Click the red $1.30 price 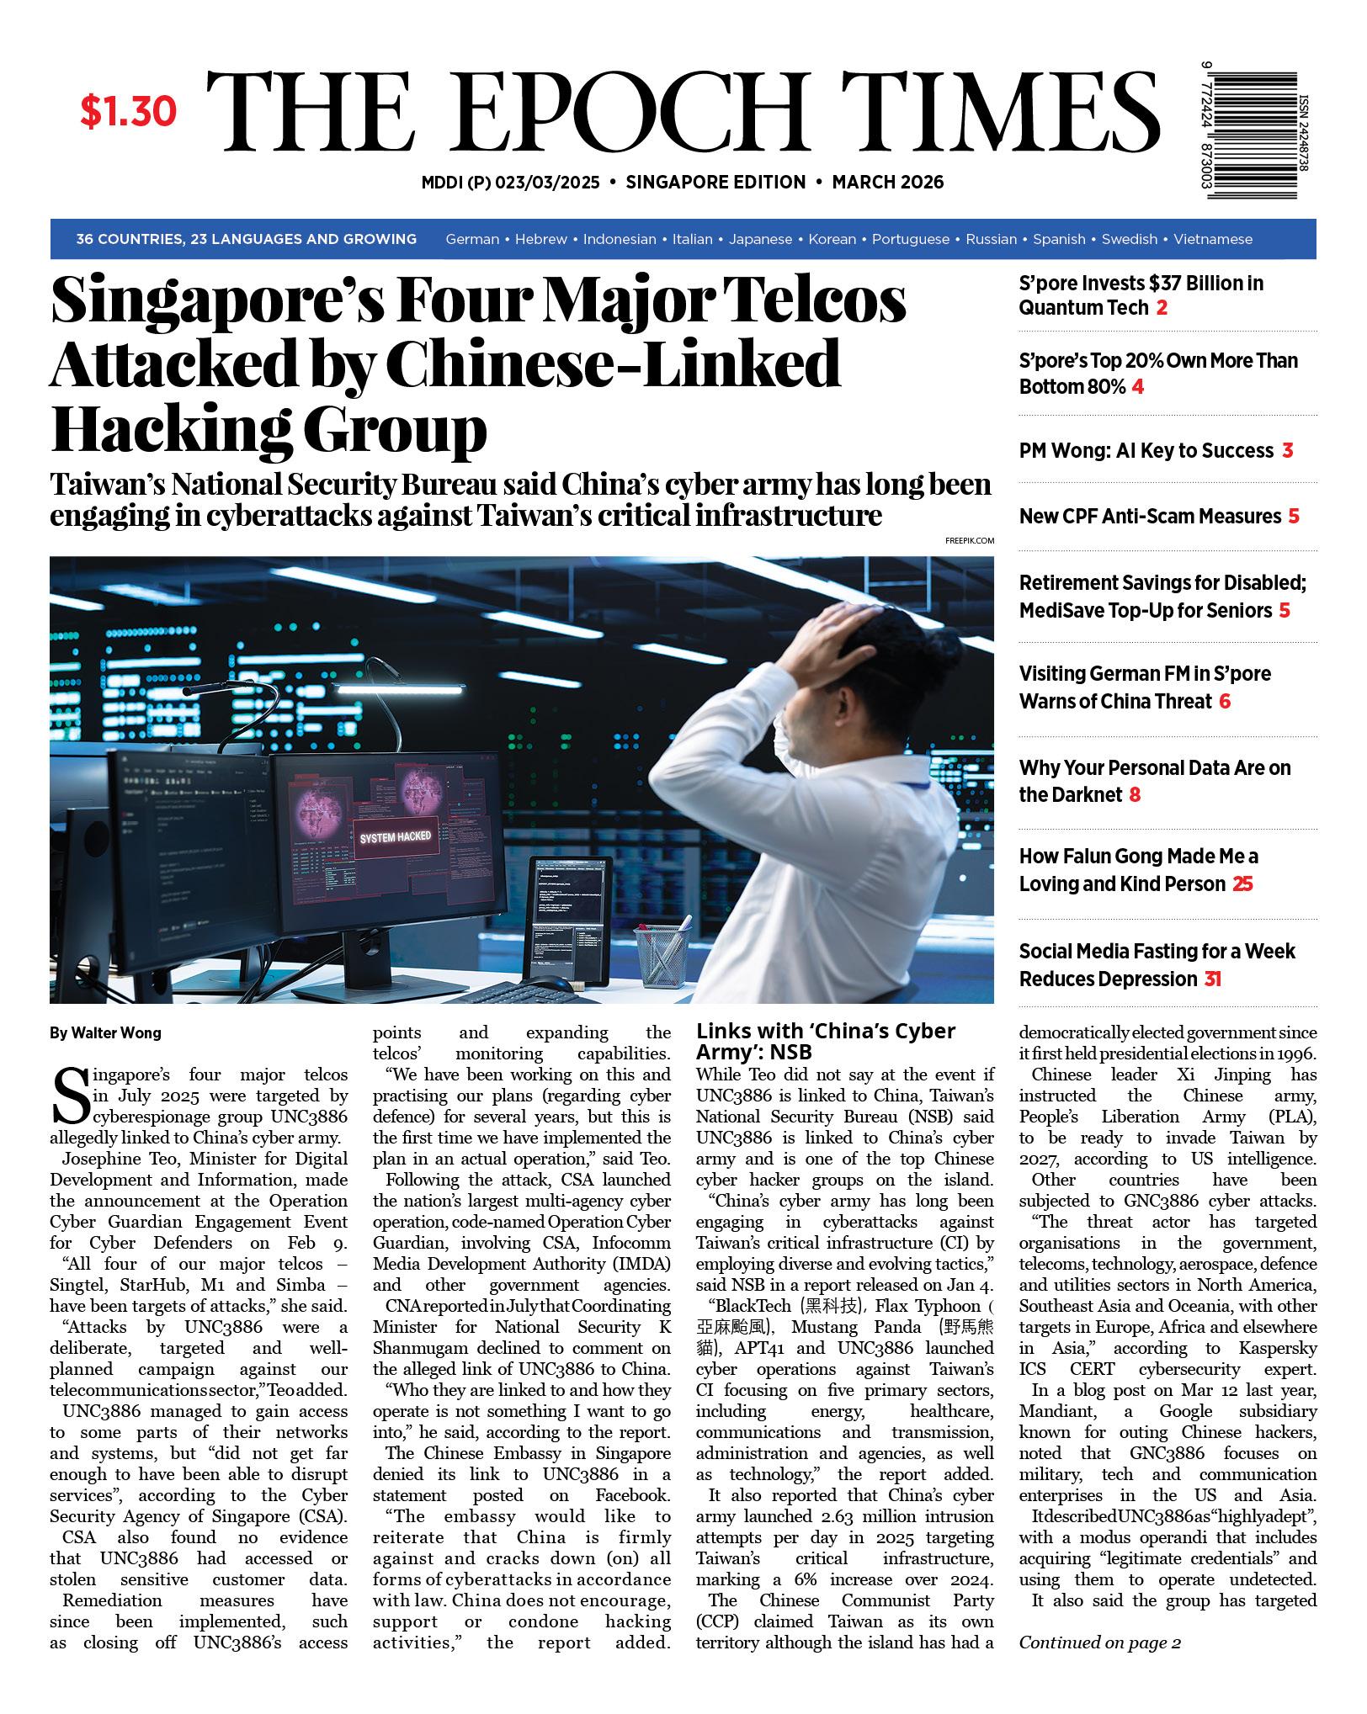point(128,111)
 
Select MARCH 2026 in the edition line point(887,183)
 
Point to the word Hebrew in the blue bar point(540,240)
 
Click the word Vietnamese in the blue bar point(1212,240)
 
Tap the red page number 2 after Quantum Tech point(1162,308)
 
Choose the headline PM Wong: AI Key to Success point(1146,451)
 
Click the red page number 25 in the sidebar point(1242,884)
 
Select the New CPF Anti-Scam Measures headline point(1150,517)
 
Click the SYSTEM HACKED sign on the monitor point(395,837)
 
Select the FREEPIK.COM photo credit point(969,541)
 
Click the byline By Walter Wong point(105,1033)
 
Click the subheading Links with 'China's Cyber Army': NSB point(825,1042)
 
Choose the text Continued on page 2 point(1099,1642)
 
